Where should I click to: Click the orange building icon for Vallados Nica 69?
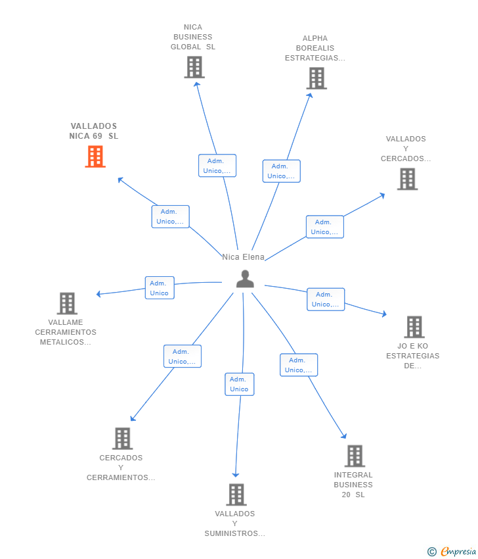pos(95,157)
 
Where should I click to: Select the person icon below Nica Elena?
pos(245,279)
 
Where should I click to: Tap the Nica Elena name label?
pos(243,257)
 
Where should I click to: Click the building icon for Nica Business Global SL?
pos(194,67)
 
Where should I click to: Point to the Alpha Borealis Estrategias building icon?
pos(316,78)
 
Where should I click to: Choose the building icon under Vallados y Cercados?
pos(407,179)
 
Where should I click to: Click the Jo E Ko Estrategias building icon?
pos(414,327)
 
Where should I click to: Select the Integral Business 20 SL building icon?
pos(355,456)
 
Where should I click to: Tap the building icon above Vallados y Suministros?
pos(236,495)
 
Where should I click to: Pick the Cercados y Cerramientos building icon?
pos(122,439)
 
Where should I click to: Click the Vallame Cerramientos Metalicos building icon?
pos(67,303)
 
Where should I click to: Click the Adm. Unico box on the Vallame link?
pos(160,287)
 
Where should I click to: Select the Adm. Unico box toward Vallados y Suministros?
pos(239,384)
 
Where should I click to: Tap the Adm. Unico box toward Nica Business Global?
pos(217,166)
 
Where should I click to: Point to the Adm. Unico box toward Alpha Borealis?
pos(281,171)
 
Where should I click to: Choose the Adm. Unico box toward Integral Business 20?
pos(299,365)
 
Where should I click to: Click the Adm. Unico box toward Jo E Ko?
pos(326,299)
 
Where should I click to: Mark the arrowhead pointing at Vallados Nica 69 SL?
pos(120,180)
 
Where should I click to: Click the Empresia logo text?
pos(458,552)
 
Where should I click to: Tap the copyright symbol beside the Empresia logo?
pos(432,552)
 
